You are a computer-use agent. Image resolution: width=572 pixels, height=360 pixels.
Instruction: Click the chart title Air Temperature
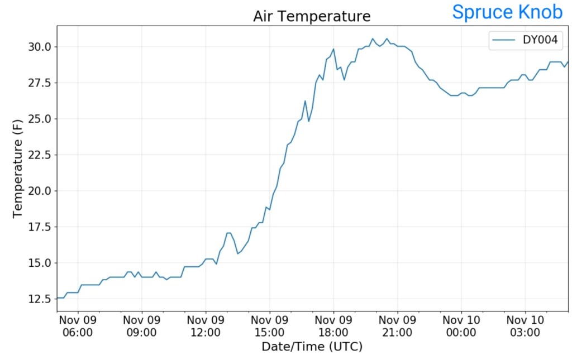pyautogui.click(x=312, y=16)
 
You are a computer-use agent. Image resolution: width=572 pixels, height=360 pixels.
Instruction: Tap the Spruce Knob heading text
pyautogui.click(x=507, y=12)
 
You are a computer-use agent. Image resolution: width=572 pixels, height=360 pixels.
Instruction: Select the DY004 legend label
pyautogui.click(x=540, y=40)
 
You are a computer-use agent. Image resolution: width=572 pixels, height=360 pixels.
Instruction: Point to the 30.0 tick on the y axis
pyautogui.click(x=40, y=46)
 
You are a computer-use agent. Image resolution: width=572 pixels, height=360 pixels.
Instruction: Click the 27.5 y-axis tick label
pyautogui.click(x=40, y=83)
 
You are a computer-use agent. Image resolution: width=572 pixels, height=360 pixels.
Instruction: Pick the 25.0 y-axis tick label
pyautogui.click(x=40, y=119)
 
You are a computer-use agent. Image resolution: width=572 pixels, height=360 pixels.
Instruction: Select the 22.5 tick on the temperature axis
pyautogui.click(x=40, y=155)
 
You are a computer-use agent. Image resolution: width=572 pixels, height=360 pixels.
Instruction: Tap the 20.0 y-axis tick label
pyautogui.click(x=40, y=191)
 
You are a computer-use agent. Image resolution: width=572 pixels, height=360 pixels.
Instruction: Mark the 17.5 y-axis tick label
pyautogui.click(x=40, y=227)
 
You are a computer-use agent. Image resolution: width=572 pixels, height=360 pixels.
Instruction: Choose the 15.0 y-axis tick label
pyautogui.click(x=40, y=263)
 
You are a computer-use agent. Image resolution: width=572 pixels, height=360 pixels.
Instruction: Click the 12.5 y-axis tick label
pyautogui.click(x=40, y=299)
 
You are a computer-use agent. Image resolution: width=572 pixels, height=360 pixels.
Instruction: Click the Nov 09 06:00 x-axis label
pyautogui.click(x=78, y=327)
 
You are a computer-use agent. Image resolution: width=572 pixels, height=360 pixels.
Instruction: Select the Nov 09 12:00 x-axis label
pyautogui.click(x=206, y=327)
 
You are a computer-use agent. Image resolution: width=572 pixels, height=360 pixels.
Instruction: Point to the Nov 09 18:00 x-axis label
pyautogui.click(x=333, y=327)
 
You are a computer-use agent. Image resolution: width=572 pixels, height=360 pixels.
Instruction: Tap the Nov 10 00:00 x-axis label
pyautogui.click(x=461, y=327)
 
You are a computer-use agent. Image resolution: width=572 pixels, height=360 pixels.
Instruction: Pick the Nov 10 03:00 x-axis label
pyautogui.click(x=525, y=327)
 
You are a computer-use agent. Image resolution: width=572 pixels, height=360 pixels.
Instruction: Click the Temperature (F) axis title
pyautogui.click(x=17, y=168)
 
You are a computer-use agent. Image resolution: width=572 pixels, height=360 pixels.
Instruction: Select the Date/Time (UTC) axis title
pyautogui.click(x=312, y=347)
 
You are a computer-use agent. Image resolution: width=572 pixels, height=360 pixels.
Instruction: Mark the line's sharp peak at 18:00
pyautogui.click(x=333, y=49)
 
